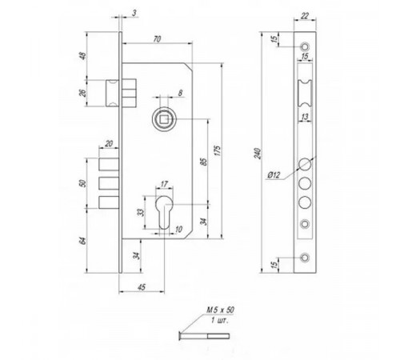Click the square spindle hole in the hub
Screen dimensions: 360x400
point(162,119)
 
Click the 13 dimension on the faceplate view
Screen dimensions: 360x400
point(305,118)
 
